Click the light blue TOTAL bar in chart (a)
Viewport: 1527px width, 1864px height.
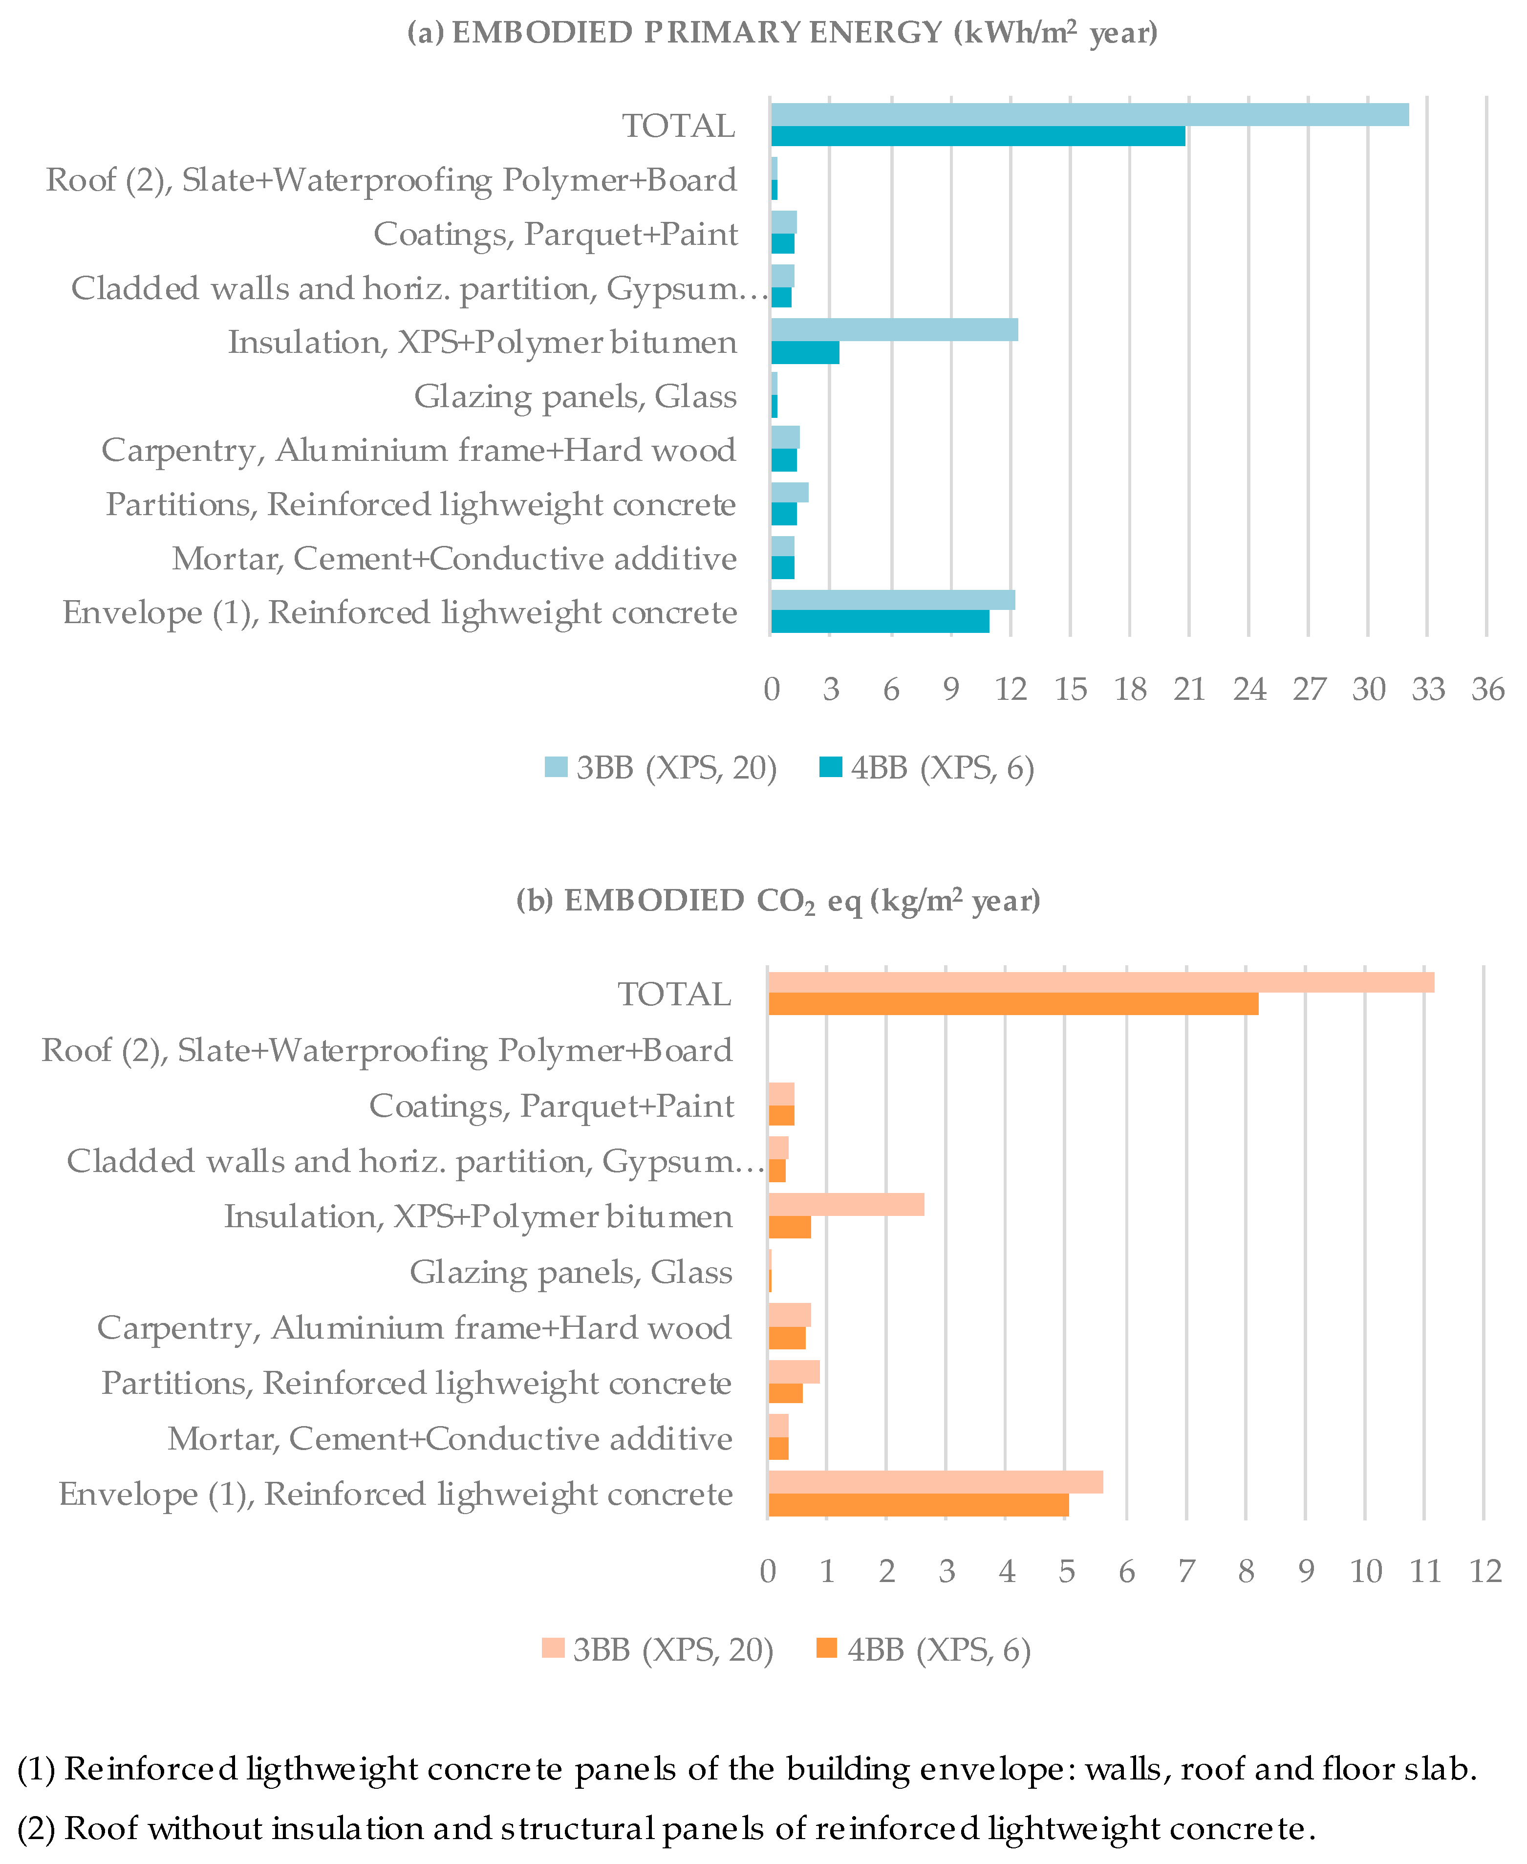(1089, 114)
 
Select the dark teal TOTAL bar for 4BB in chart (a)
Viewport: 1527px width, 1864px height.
(977, 136)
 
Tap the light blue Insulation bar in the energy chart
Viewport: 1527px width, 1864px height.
(894, 330)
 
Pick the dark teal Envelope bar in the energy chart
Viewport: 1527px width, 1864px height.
(880, 621)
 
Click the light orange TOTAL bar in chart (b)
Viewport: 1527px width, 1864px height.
(1100, 982)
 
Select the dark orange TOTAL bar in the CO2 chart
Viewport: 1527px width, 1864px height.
(1012, 1004)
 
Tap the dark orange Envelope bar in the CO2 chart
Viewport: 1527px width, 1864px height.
(918, 1505)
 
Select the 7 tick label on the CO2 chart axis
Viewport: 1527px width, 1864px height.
(1186, 1571)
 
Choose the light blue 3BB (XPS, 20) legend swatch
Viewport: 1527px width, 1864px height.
(556, 767)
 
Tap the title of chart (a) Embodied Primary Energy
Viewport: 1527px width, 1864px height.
(782, 33)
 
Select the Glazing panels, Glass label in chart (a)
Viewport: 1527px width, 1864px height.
(575, 397)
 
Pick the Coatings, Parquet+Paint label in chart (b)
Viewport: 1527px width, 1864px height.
(552, 1105)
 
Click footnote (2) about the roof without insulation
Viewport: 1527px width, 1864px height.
(666, 1829)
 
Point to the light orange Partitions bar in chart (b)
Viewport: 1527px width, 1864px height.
(794, 1371)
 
